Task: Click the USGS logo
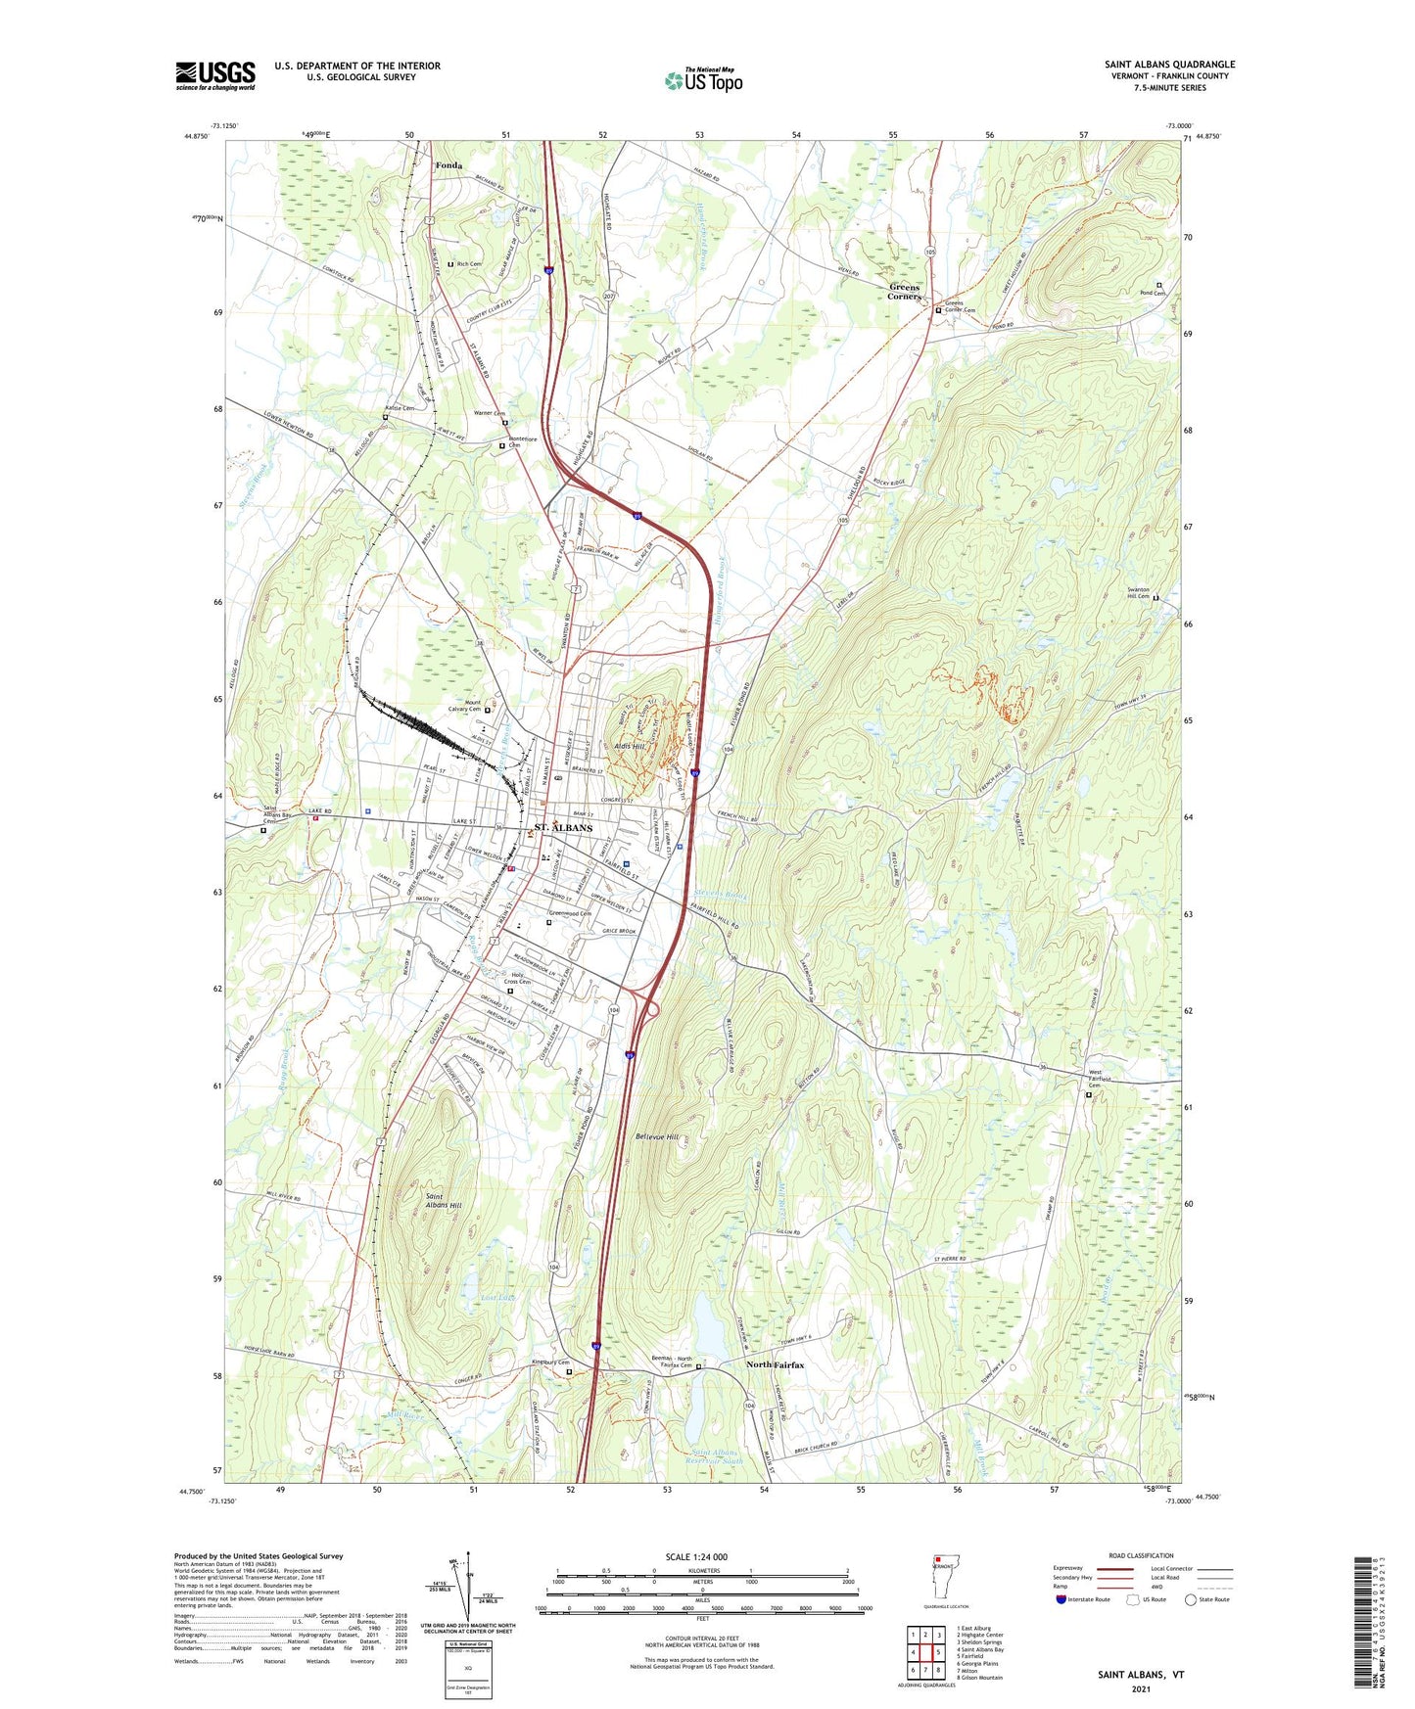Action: pos(215,75)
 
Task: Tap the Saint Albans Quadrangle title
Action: pos(1169,65)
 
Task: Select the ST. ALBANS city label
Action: pos(563,828)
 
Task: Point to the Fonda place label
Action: pos(448,166)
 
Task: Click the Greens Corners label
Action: pos(904,292)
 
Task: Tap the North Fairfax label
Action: pos(775,1364)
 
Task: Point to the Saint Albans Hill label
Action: pos(443,1201)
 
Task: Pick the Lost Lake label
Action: pos(497,1297)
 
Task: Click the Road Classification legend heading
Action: pos(1140,1555)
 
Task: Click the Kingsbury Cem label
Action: pos(549,1363)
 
